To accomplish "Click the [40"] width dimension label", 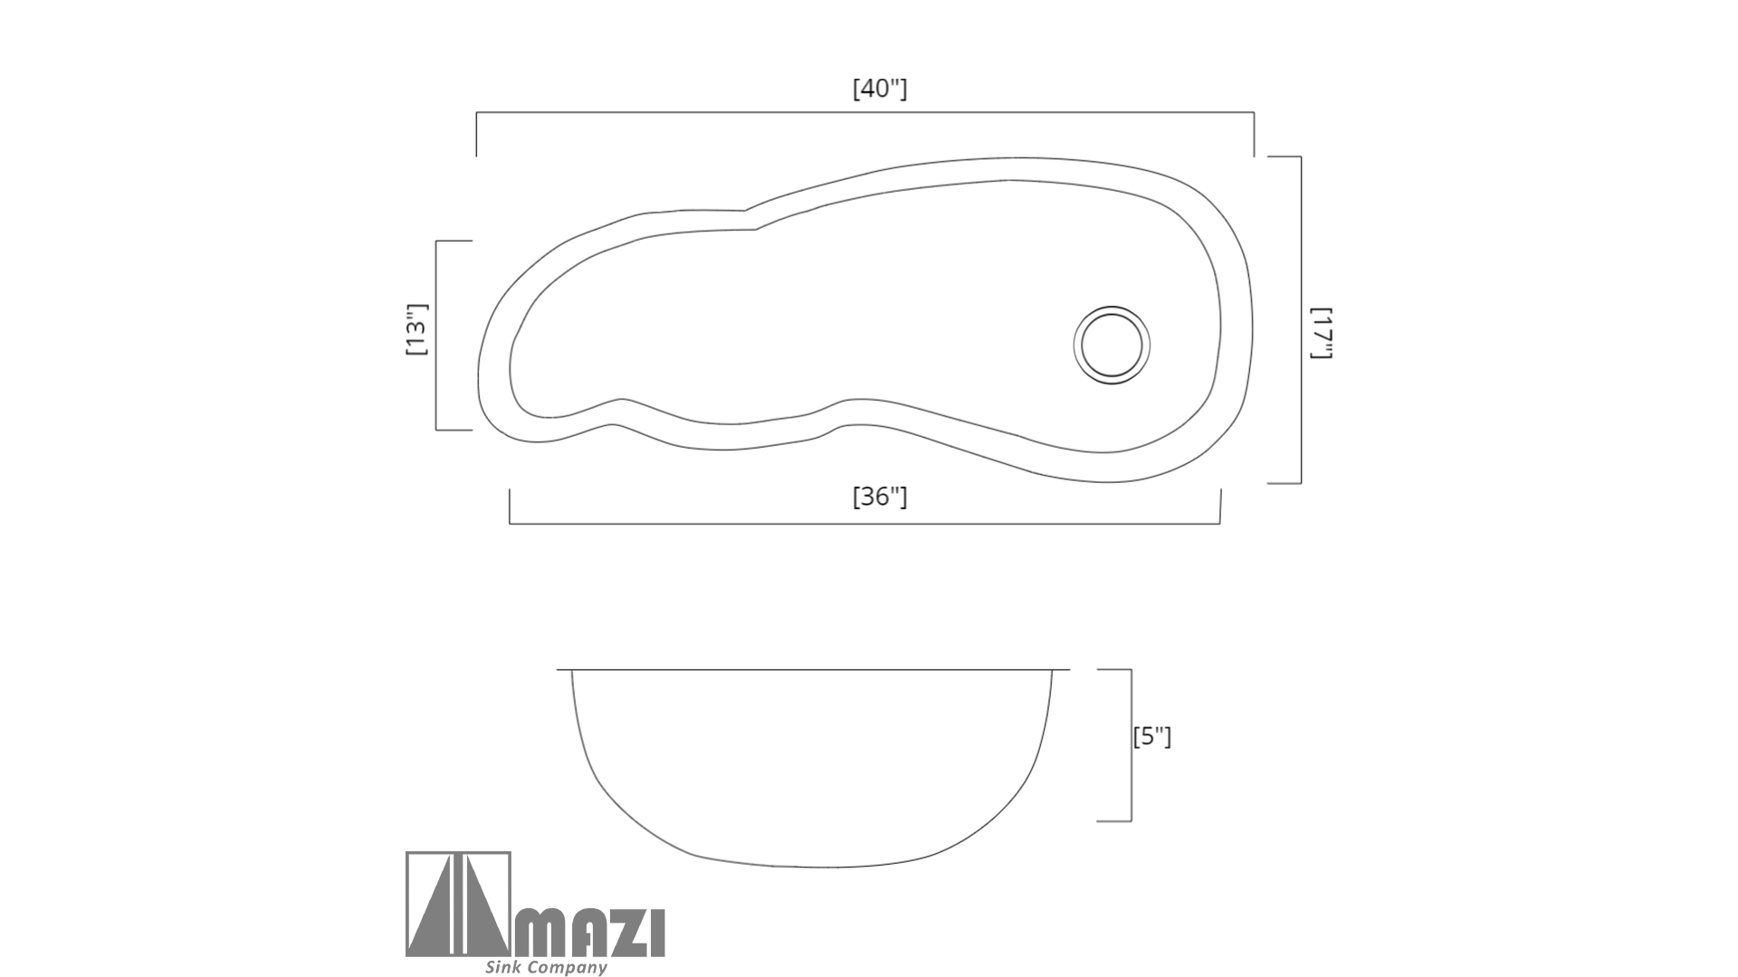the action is click(880, 89).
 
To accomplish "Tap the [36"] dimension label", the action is click(880, 497).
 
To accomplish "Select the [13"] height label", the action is click(416, 329).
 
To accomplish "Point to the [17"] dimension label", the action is click(1322, 333).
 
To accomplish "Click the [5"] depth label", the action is click(1152, 736).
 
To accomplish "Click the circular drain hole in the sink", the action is click(1112, 345).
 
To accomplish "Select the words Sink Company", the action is click(546, 967).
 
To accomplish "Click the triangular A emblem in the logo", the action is click(458, 905).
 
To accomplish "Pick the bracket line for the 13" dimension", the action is click(436, 336).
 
